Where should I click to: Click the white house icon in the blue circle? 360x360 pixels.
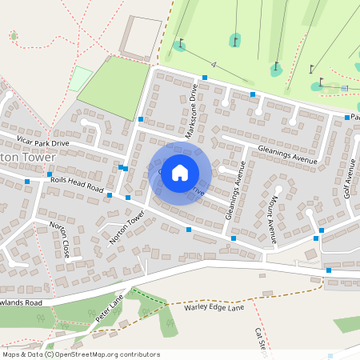(x=180, y=172)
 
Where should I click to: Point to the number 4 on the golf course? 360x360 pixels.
(x=215, y=64)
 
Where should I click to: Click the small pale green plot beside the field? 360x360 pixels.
(x=80, y=78)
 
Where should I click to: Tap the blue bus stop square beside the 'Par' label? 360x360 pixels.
(x=347, y=118)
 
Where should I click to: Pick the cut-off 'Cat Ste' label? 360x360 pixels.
(x=260, y=339)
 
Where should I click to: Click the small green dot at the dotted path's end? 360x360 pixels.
(x=14, y=36)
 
